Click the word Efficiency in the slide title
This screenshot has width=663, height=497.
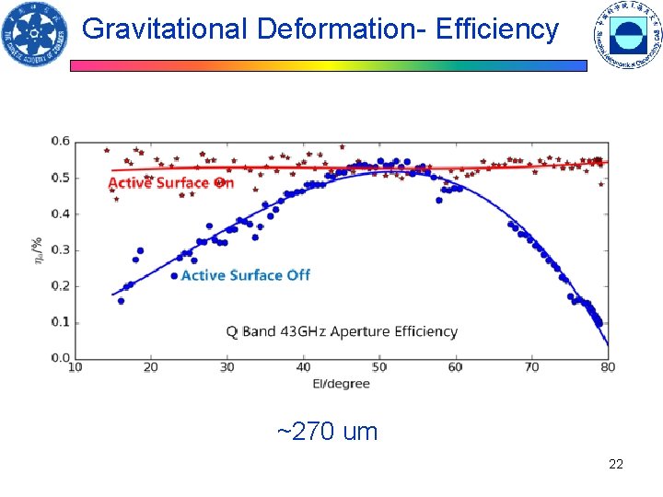[497, 29]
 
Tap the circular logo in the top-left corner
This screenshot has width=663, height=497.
[35, 35]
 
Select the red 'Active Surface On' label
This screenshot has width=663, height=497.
[171, 183]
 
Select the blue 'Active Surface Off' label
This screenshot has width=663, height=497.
[245, 275]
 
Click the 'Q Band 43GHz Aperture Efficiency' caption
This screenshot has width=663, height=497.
[342, 331]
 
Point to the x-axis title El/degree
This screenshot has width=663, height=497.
[341, 383]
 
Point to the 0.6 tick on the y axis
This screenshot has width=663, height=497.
[60, 141]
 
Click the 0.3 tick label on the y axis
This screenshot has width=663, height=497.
[60, 250]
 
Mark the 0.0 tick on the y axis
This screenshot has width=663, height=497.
[60, 358]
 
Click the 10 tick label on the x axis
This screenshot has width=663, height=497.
[76, 368]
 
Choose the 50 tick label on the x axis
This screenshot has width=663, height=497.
[379, 368]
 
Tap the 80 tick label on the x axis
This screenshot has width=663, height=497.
[608, 368]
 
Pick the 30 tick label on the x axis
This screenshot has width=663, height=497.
[227, 368]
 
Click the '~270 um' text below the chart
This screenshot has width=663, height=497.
[327, 432]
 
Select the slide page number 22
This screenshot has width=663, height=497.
[616, 464]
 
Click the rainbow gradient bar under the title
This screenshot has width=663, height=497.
[329, 66]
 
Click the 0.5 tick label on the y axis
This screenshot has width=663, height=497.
[60, 178]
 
